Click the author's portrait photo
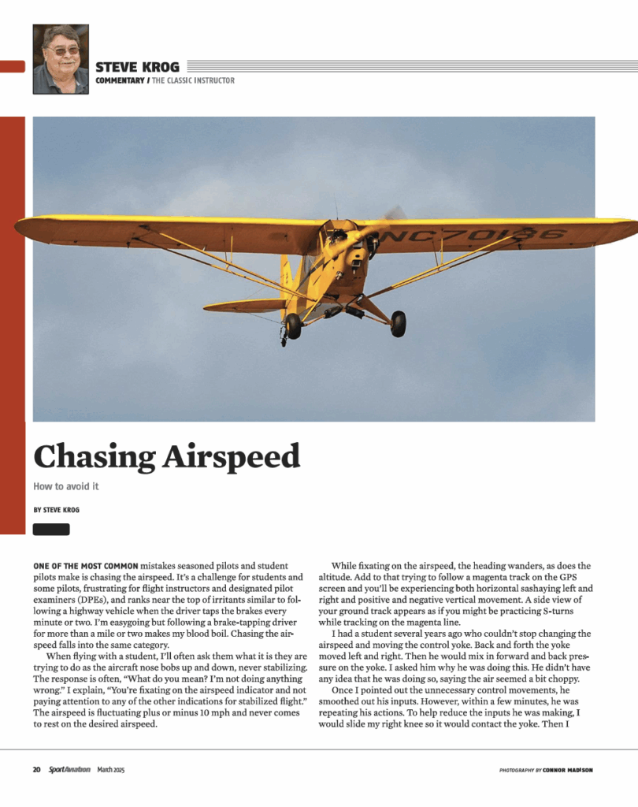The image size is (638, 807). (x=61, y=58)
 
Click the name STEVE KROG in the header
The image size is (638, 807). (x=137, y=67)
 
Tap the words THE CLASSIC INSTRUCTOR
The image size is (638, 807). (x=194, y=80)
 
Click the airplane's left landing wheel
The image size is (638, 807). (x=294, y=325)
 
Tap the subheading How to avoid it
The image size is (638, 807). (x=66, y=486)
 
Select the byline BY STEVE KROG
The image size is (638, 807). (x=56, y=510)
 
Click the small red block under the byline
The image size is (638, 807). (x=51, y=529)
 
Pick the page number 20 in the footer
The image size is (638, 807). (x=36, y=770)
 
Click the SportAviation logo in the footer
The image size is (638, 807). (x=69, y=770)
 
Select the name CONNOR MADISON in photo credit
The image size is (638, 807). (x=573, y=770)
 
